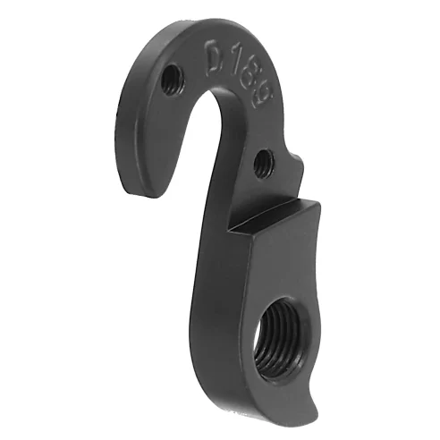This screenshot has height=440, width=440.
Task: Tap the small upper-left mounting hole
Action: (168, 81)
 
